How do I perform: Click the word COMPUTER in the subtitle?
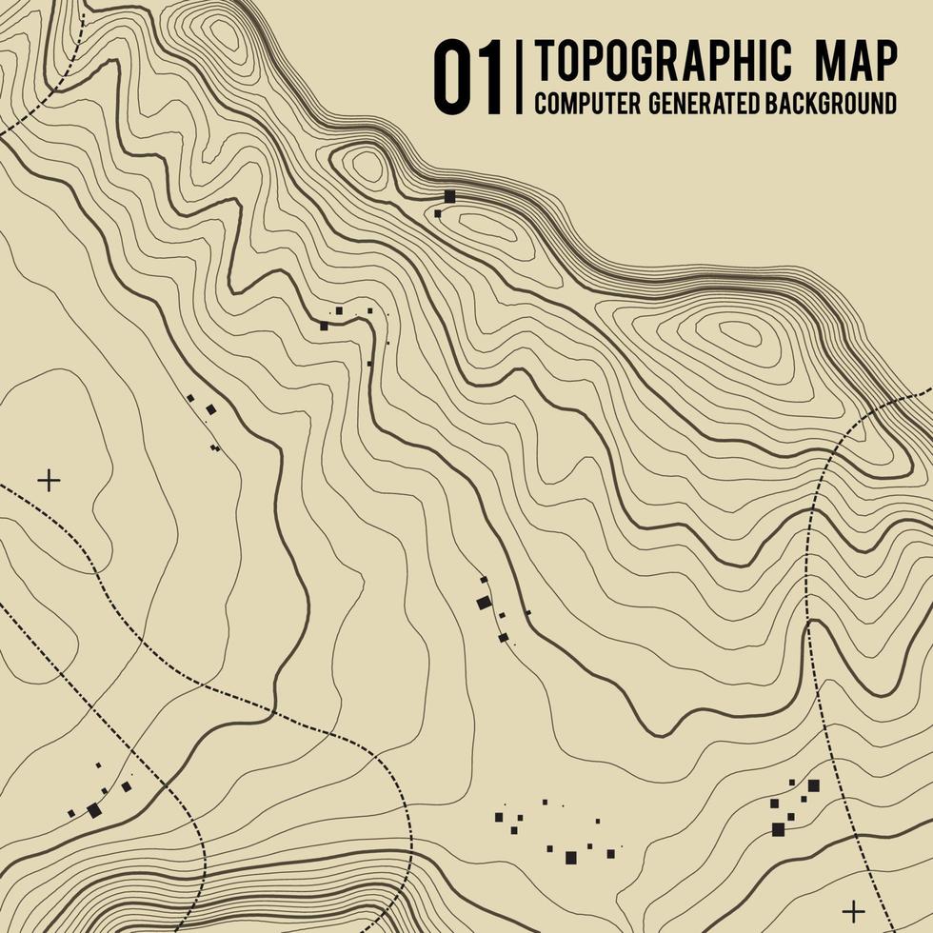pos(586,104)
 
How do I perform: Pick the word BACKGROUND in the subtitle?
pos(830,104)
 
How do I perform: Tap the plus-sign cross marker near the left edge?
pos(48,480)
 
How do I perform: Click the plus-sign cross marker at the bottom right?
pos(854,910)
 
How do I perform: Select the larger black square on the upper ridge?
pos(450,196)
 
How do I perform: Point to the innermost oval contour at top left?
pos(225,34)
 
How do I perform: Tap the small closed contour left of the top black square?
pos(367,167)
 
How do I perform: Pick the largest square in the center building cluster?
pos(484,602)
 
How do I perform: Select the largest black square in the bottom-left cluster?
pos(93,810)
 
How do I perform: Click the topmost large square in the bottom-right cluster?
pos(813,785)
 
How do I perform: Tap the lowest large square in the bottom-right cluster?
pos(778,829)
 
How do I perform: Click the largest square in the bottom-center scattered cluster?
pos(570,858)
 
